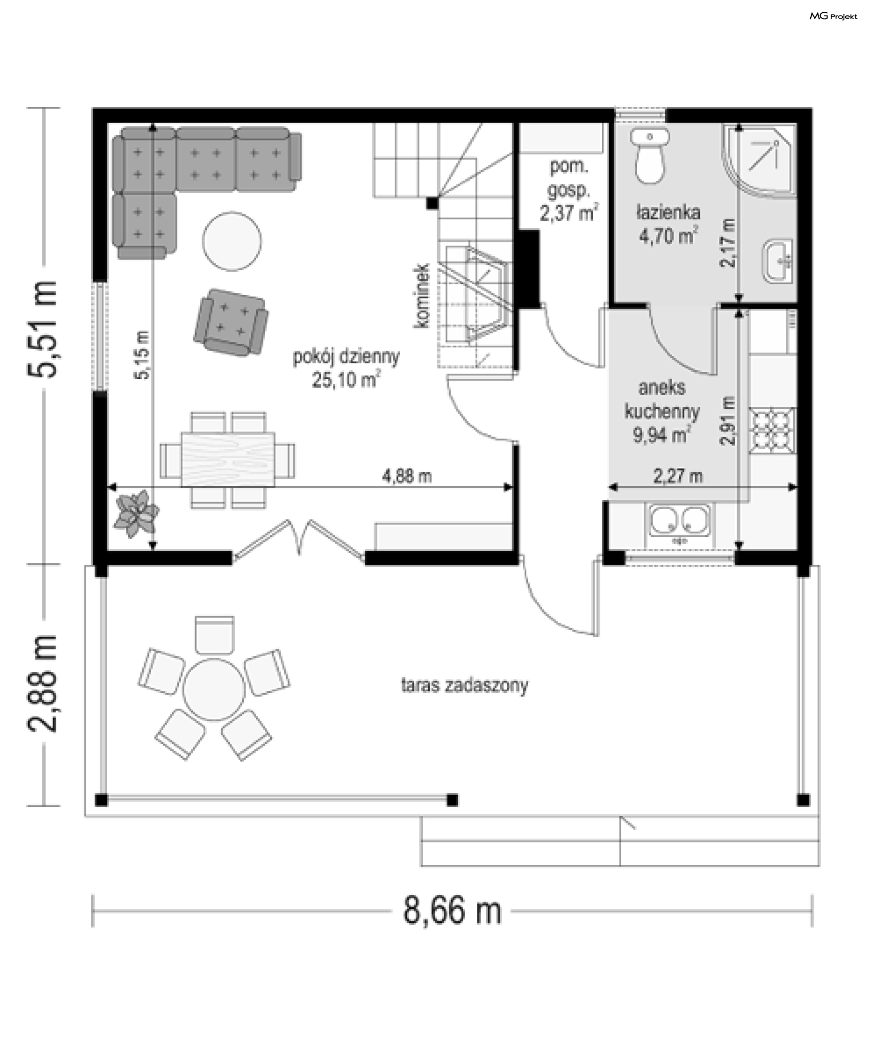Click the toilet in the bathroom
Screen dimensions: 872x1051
tap(650, 156)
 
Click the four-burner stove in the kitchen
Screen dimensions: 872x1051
tap(772, 431)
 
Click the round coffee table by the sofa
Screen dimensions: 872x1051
tap(232, 241)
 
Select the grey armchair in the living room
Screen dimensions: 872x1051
tap(231, 322)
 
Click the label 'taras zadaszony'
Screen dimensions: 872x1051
tap(465, 686)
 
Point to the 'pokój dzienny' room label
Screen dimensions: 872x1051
tap(347, 357)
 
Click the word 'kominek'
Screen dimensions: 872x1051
tap(421, 296)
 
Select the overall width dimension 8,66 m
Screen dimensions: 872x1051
tap(452, 910)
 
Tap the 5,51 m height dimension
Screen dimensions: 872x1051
tap(43, 329)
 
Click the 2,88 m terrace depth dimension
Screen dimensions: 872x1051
tap(43, 684)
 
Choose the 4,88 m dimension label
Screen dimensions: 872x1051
tap(407, 476)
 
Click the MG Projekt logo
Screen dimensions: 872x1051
tap(833, 16)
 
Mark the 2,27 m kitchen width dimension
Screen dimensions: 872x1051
tap(678, 476)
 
